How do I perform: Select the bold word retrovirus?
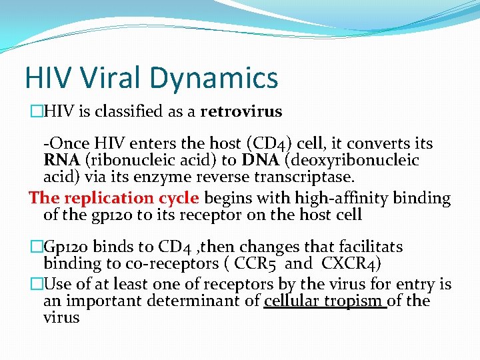coord(241,111)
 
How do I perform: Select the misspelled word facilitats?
coord(366,247)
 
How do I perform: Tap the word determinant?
coord(213,301)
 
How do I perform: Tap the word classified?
coord(131,111)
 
